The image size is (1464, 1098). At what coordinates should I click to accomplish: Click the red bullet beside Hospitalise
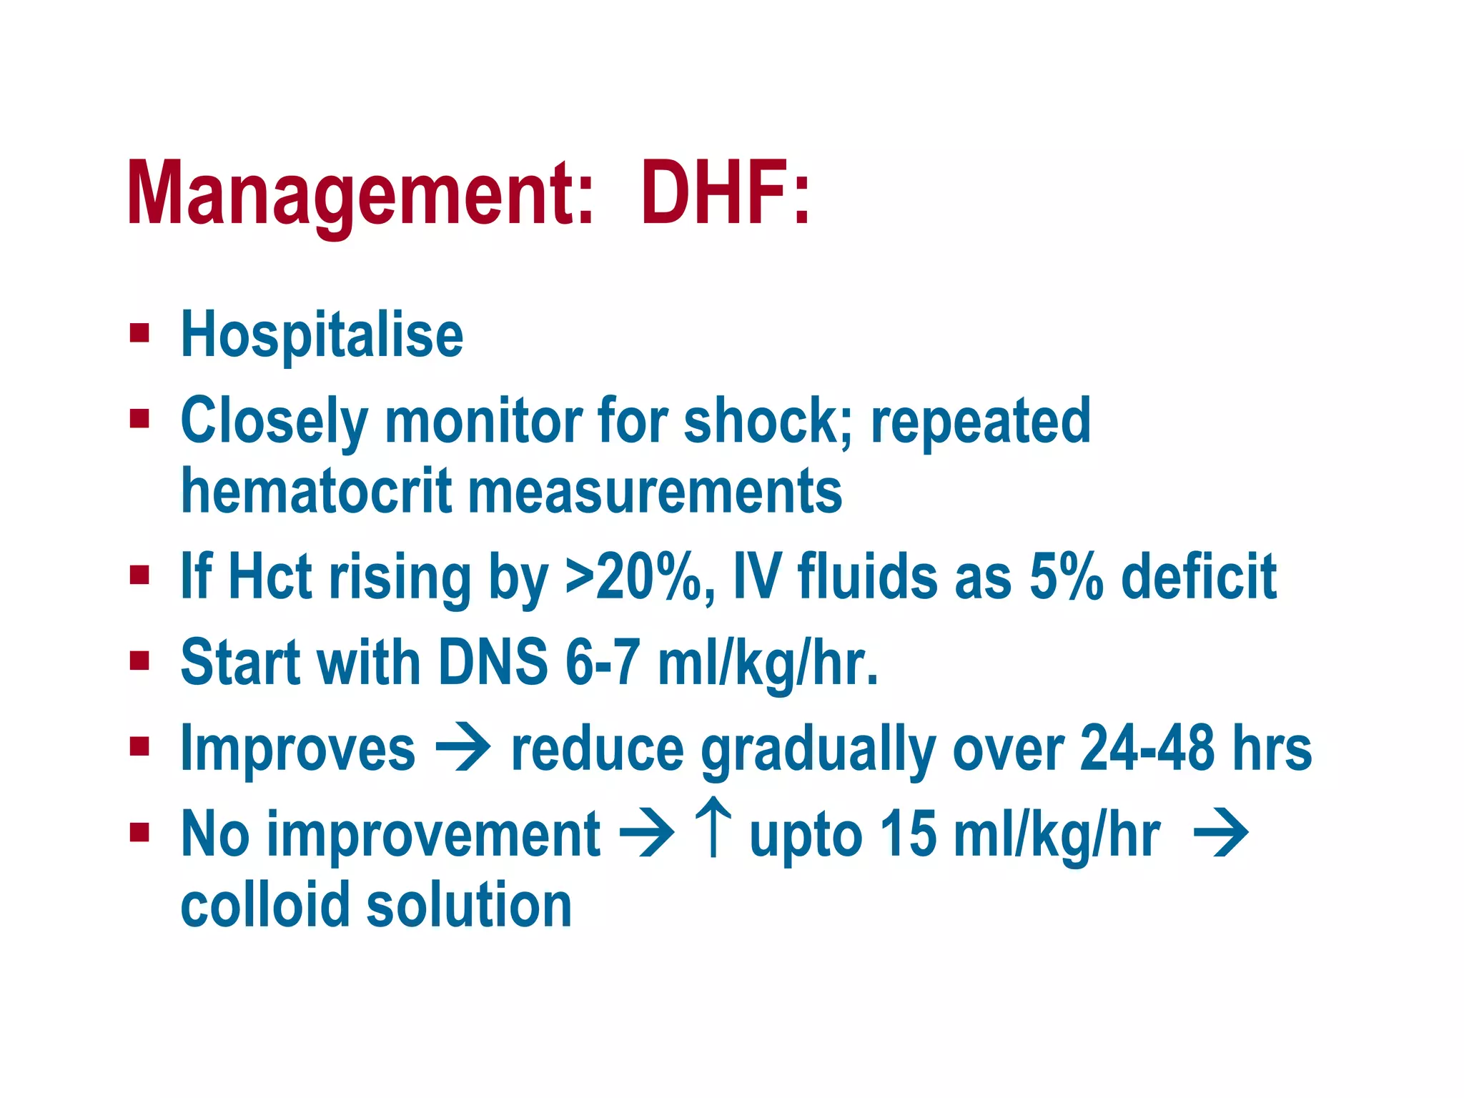pos(139,333)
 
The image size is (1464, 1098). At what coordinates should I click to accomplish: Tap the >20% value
pos(640,576)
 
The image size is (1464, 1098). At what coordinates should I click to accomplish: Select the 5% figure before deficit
pos(1066,576)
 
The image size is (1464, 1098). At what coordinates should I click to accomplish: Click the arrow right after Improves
pos(463,748)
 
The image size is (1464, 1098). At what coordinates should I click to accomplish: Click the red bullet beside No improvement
pos(139,832)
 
